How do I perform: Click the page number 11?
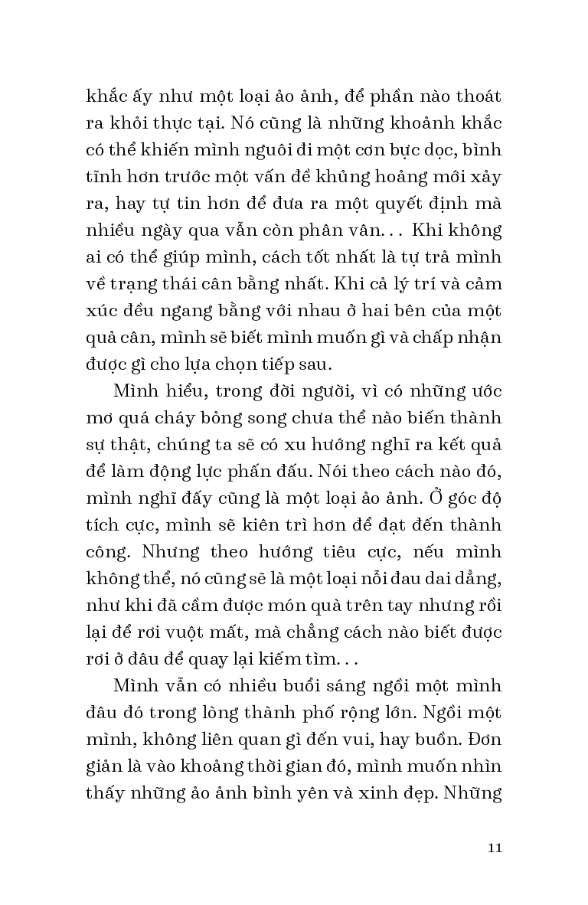pos(494,848)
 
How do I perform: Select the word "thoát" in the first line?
pos(475,97)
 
